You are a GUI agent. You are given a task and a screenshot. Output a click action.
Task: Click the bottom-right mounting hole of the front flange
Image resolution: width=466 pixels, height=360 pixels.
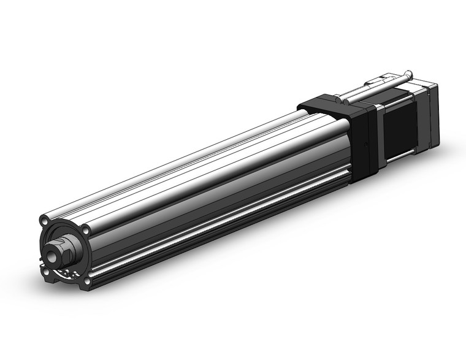[87, 280]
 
